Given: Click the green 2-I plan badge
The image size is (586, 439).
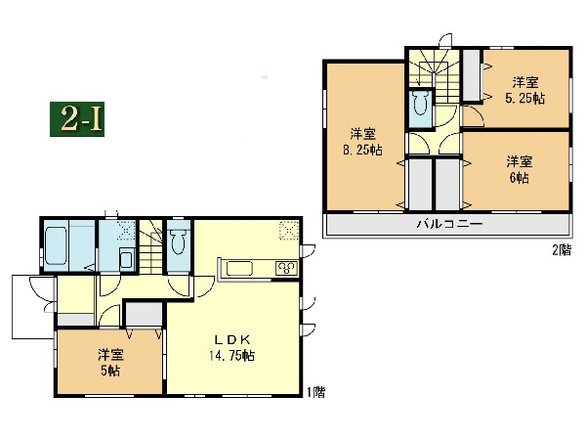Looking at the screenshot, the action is (77, 119).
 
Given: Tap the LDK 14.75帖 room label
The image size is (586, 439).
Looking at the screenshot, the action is (231, 348).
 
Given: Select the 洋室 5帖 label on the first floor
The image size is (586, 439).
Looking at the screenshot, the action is (110, 363).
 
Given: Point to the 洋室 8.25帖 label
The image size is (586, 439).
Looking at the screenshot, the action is (362, 142).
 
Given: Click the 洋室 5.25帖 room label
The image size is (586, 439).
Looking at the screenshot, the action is (525, 90).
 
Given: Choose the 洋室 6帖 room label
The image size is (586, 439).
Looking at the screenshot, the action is (520, 170).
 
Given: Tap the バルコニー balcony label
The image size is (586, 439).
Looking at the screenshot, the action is (449, 224).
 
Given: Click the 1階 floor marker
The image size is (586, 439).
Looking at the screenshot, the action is (315, 392).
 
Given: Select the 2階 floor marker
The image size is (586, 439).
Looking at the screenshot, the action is (563, 250).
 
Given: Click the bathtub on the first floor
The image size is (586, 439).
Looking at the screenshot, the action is (56, 245).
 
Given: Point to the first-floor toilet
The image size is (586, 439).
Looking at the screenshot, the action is (179, 241).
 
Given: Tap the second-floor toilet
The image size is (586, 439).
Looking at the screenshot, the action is (421, 104).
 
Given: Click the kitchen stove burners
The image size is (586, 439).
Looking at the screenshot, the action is (286, 268).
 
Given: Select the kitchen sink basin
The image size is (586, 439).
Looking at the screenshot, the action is (239, 269).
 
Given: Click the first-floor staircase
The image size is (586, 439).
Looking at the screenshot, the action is (151, 247).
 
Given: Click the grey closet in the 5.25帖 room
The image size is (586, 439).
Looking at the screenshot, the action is (472, 75).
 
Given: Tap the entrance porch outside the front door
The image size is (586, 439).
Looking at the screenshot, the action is (33, 307).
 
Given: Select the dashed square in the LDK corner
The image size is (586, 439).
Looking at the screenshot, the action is (289, 230).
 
